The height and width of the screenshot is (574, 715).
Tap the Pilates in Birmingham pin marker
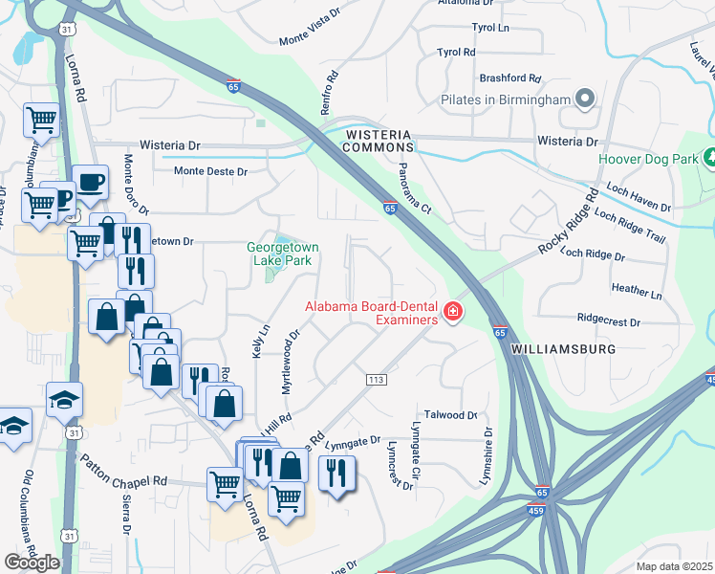pos(586,99)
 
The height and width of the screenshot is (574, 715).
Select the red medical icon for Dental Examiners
pos(451,312)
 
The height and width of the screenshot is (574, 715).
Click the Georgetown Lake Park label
pos(283,253)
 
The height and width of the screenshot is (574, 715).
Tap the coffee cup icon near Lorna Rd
pos(91,184)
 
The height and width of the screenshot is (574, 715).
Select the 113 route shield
pos(376,381)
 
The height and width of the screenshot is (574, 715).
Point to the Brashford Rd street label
pos(510,78)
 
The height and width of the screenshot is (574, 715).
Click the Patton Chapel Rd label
pos(124,474)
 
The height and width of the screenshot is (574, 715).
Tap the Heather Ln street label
pos(636,289)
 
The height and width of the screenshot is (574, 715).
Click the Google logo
pos(32,563)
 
